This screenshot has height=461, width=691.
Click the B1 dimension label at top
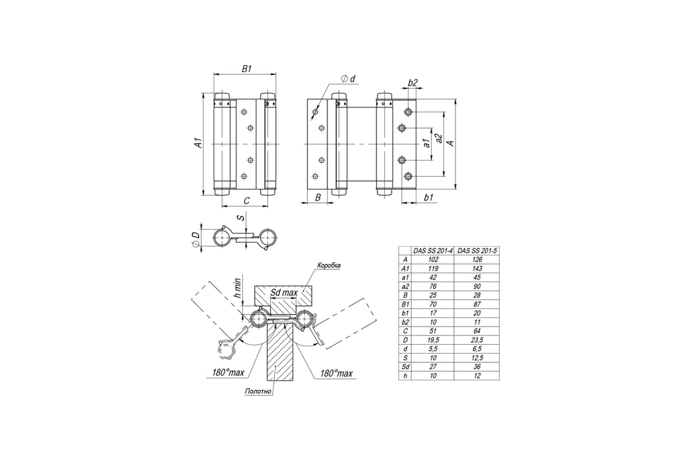pos(246,69)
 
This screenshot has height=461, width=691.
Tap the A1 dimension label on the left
pos(199,143)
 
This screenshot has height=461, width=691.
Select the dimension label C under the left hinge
pos(246,201)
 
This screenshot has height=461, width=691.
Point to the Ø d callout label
pos(348,79)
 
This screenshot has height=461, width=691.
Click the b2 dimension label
pos(412,82)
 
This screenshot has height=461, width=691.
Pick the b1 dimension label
pos(428,197)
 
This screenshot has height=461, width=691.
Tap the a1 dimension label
pos(427,143)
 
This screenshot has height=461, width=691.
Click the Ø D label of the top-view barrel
pos(195,240)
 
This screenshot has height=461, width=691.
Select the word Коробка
pos(329,265)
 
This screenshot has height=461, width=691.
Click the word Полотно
pos(258,391)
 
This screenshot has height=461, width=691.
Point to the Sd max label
pos(284,292)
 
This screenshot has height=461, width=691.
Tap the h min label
pos(237,288)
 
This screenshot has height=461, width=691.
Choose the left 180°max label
pos(228,373)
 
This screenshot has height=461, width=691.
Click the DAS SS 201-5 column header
pos(477,251)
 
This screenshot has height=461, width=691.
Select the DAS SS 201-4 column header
pos(433,251)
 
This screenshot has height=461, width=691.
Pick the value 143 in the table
pos(477,269)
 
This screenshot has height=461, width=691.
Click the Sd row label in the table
pos(405,367)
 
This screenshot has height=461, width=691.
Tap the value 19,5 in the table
pos(433,340)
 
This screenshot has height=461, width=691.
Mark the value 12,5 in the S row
pos(477,358)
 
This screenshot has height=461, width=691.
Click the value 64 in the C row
pos(477,331)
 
